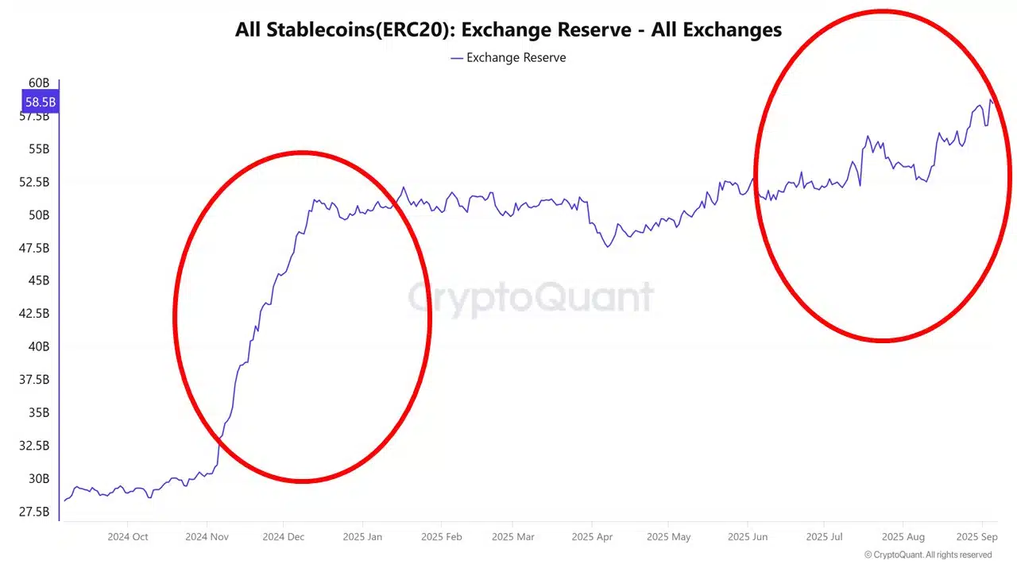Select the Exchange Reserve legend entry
coord(508,57)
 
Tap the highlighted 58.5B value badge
coord(40,102)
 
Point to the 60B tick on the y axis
coord(39,83)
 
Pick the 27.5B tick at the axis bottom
coord(34,512)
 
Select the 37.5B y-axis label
coord(34,380)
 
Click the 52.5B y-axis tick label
coord(34,182)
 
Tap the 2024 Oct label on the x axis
coord(128,536)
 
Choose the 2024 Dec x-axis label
coord(284,536)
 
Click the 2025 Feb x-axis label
coord(442,536)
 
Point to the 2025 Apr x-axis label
coord(592,536)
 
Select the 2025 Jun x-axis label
coord(748,536)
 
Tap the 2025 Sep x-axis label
coord(976,536)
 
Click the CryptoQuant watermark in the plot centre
coord(531,298)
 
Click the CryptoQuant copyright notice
coord(928,555)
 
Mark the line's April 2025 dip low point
coord(608,247)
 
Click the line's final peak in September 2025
coord(991,100)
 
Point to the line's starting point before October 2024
coord(65,500)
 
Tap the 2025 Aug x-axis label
coord(903,536)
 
